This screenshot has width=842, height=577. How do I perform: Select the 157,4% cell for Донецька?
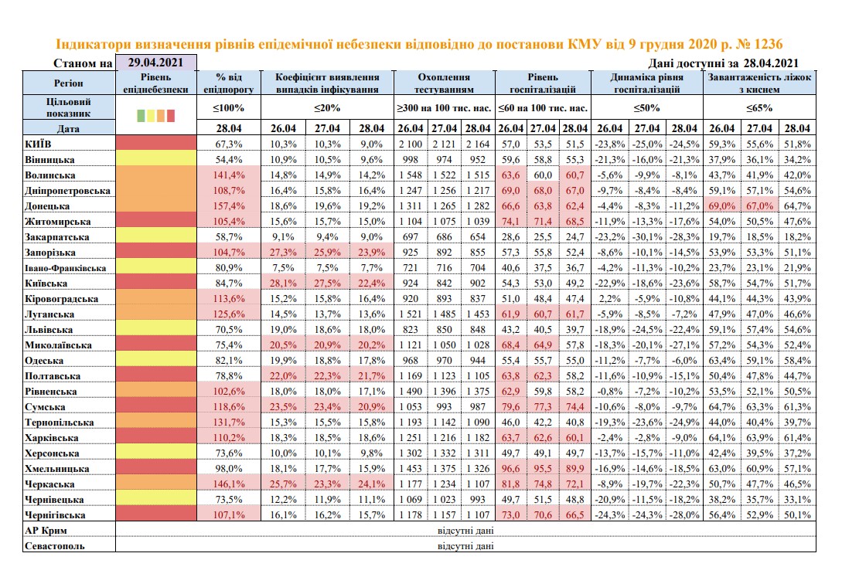pos(227,206)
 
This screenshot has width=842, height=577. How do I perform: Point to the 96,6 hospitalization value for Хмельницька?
pos(509,469)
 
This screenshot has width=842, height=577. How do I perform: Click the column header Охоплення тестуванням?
pos(444,83)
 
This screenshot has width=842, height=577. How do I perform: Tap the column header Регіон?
pos(69,83)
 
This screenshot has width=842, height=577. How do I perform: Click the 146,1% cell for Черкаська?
pos(227,484)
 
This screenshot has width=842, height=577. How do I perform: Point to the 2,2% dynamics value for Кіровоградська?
pos(610,299)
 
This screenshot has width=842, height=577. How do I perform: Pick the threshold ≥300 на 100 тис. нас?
pos(444,109)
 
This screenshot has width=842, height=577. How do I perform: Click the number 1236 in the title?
pos(774,45)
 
